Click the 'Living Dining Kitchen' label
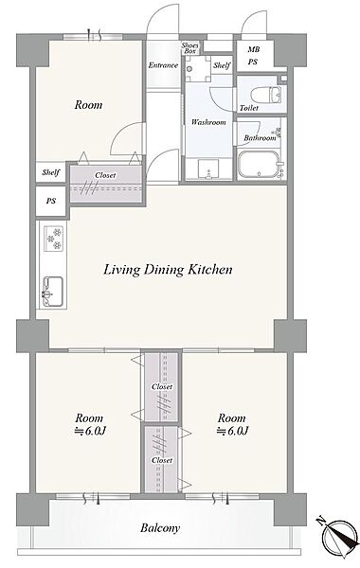click(168, 270)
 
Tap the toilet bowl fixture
click(265, 95)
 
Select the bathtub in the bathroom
click(258, 165)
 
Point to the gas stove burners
click(53, 239)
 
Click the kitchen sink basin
click(53, 292)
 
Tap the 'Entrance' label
click(163, 65)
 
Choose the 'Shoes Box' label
click(190, 48)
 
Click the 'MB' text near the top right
click(253, 49)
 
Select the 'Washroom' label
click(208, 122)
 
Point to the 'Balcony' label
click(160, 528)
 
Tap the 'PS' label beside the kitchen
click(51, 201)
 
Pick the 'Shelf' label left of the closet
click(51, 172)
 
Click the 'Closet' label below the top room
click(105, 175)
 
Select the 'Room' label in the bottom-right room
click(232, 418)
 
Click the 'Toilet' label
click(249, 108)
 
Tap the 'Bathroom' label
click(260, 138)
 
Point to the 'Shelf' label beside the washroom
click(222, 65)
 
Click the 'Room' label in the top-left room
click(88, 105)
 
